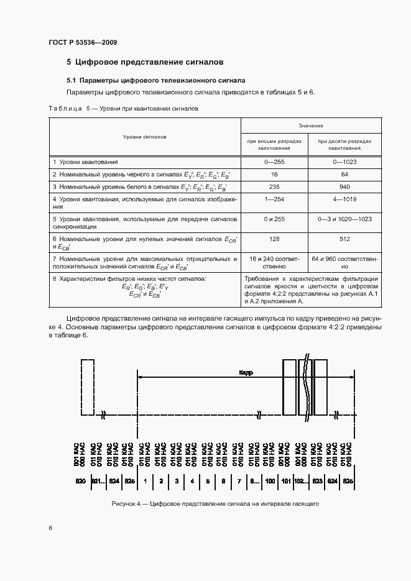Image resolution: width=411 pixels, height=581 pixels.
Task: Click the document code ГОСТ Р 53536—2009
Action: click(83, 42)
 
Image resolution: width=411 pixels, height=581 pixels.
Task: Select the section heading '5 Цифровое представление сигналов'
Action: click(145, 62)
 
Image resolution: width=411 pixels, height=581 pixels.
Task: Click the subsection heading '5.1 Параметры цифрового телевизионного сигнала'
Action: click(156, 81)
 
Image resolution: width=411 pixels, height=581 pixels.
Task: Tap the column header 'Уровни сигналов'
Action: click(144, 135)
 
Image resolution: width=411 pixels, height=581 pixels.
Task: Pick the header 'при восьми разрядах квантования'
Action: click(274, 145)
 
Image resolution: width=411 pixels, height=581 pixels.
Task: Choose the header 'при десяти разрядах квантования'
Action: click(344, 145)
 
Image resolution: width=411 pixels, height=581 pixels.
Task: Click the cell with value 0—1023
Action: click(344, 162)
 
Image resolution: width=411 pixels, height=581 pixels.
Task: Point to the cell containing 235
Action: click(274, 186)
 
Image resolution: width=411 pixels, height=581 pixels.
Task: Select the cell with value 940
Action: click(344, 186)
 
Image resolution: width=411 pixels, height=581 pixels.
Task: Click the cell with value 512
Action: click(344, 238)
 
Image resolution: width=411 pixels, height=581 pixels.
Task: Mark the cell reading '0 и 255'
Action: click(274, 219)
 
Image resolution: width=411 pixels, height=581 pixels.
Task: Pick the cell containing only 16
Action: click(274, 175)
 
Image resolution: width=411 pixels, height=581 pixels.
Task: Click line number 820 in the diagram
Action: click(80, 481)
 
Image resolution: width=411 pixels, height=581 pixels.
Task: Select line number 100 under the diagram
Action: click(270, 481)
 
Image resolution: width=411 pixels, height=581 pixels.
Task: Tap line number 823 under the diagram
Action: click(317, 481)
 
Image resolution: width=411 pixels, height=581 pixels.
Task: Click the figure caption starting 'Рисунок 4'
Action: click(215, 504)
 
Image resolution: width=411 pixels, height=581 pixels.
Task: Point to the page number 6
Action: click(50, 528)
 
